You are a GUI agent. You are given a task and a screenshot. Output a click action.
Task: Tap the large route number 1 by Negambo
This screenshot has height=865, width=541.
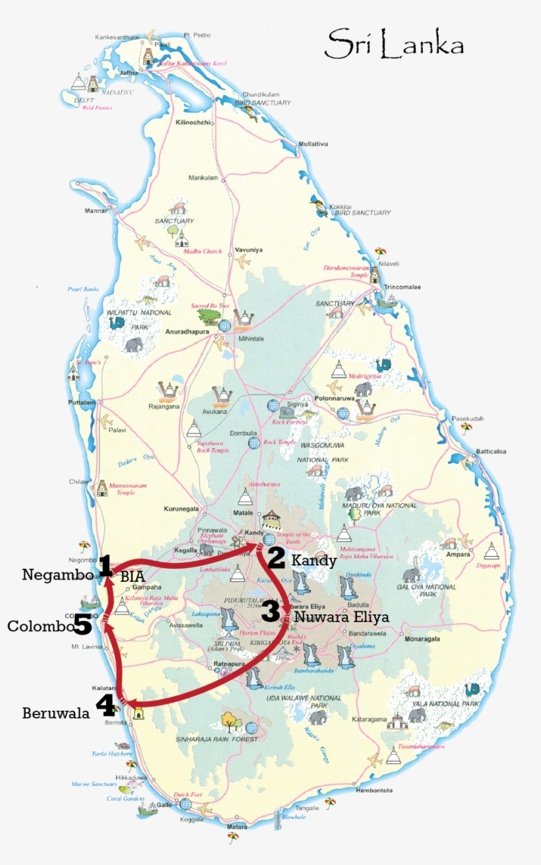click(106, 566)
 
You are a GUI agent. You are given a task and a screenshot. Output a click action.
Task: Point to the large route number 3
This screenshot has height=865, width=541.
click(270, 611)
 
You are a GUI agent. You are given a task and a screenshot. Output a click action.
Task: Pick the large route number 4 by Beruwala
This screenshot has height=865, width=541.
click(106, 705)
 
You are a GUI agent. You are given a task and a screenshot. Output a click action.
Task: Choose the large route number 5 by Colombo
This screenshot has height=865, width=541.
click(82, 624)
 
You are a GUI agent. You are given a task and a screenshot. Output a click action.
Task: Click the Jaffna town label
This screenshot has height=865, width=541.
click(129, 73)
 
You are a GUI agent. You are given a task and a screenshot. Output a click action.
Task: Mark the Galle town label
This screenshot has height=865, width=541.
click(164, 805)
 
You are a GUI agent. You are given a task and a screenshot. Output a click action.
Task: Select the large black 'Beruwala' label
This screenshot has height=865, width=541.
click(56, 713)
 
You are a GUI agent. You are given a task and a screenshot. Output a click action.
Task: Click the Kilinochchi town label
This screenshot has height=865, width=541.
click(193, 123)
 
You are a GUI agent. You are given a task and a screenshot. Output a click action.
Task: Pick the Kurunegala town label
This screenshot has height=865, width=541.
click(181, 509)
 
